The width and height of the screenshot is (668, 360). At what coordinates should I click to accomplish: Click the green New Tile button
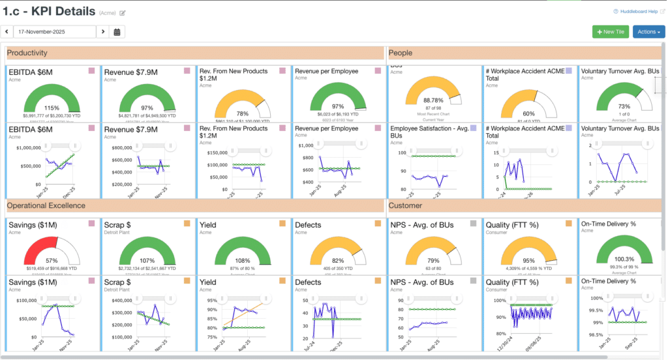click(610, 31)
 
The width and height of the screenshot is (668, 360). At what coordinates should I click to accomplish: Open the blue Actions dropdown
click(648, 31)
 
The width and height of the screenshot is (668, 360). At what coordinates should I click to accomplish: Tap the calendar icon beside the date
click(117, 31)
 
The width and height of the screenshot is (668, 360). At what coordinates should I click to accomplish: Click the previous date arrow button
click(7, 31)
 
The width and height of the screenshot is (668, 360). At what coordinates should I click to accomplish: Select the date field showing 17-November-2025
click(55, 31)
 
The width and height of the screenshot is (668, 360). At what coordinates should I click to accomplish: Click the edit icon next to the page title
click(123, 12)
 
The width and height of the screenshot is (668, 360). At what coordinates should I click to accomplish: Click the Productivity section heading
click(27, 53)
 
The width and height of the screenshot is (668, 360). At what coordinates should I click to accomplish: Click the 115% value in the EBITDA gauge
click(52, 108)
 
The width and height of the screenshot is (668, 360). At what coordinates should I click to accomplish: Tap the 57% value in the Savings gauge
click(52, 260)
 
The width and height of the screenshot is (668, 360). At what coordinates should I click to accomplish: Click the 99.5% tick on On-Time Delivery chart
click(593, 311)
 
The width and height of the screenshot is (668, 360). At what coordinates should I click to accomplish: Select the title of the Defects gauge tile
click(308, 225)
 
